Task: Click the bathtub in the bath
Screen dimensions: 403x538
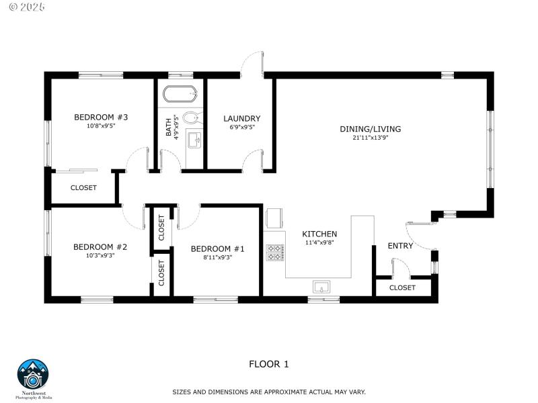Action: (x=180, y=94)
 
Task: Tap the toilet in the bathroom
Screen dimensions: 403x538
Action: (x=191, y=118)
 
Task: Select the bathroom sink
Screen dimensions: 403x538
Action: (x=194, y=140)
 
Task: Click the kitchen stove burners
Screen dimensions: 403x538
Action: (x=275, y=253)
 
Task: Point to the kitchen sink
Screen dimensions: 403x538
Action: (x=321, y=287)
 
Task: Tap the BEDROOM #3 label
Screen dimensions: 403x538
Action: (x=101, y=118)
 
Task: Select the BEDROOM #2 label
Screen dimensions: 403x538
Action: (x=100, y=247)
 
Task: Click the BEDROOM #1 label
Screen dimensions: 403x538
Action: (x=217, y=249)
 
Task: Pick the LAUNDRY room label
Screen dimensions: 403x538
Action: (x=241, y=119)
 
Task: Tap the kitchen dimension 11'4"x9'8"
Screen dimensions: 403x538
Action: (x=319, y=242)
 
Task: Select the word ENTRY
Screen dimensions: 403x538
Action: (x=400, y=246)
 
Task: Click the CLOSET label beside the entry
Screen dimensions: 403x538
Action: (x=402, y=287)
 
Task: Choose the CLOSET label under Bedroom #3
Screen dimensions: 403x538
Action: (x=83, y=188)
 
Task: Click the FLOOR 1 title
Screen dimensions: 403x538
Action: (x=269, y=364)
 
